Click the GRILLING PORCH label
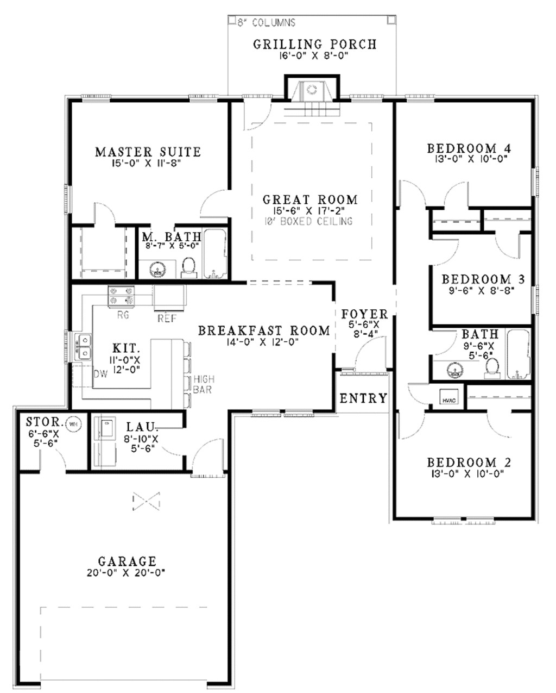click(x=314, y=44)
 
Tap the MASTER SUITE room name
click(x=148, y=152)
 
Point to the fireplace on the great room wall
click(x=312, y=90)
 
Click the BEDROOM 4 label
click(x=470, y=148)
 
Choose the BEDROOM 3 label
click(x=483, y=279)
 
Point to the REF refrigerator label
click(x=165, y=317)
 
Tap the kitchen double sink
click(x=85, y=347)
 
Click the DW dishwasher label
click(x=99, y=373)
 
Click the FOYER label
click(x=364, y=314)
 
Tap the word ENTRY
click(x=363, y=398)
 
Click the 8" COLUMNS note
click(x=266, y=23)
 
